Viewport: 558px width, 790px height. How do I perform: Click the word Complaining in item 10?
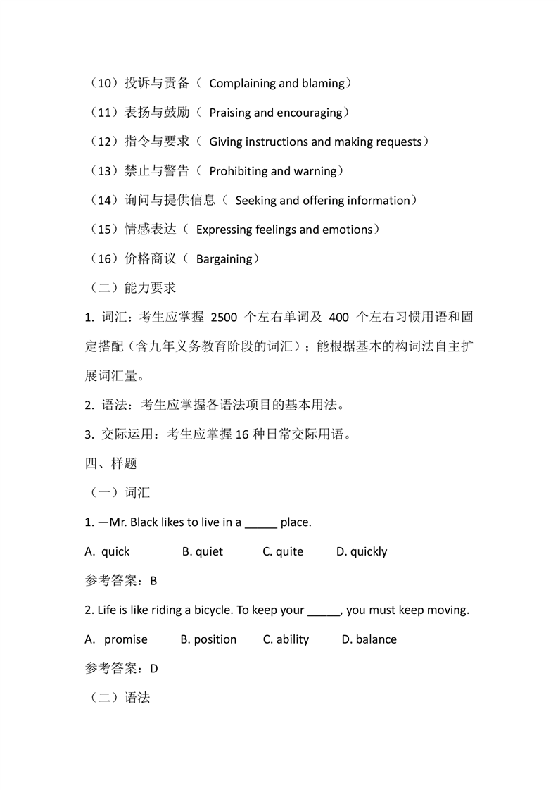pos(242,84)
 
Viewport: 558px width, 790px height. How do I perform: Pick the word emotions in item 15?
pos(347,230)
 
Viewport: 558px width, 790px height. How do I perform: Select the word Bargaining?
pos(224,259)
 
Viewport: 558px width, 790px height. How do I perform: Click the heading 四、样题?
pos(110,463)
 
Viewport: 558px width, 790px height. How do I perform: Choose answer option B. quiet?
pos(203,552)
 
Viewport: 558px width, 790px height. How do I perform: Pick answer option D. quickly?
pos(362,552)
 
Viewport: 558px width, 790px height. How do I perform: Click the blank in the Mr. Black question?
pos(261,523)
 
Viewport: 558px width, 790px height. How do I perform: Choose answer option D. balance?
pos(369,639)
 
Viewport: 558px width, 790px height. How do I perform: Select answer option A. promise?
pos(117,639)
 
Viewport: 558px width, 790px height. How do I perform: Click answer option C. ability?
pos(286,639)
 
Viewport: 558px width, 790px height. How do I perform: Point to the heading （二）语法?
pos(118,698)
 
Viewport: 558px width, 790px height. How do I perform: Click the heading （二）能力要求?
pos(130,288)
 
